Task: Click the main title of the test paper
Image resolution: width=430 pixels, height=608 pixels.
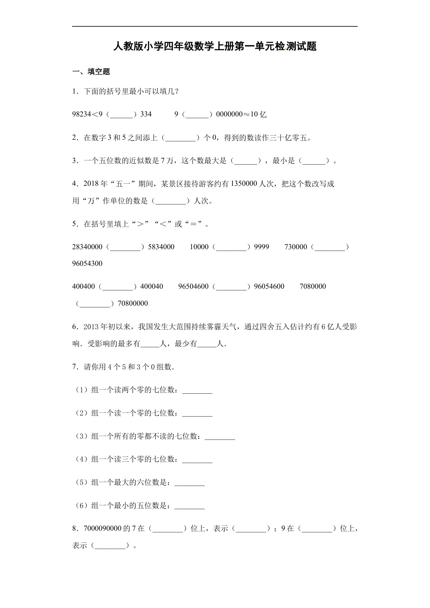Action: [x=215, y=46]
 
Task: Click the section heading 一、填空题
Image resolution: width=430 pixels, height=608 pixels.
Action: [x=91, y=72]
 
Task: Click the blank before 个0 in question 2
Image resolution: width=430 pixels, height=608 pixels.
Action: [x=180, y=138]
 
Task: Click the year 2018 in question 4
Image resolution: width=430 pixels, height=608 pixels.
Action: [x=91, y=184]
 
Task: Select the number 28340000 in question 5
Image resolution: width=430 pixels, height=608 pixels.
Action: [x=87, y=247]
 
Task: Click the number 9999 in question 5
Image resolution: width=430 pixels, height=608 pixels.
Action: [x=262, y=247]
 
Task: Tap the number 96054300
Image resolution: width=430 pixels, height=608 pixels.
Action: [x=87, y=264]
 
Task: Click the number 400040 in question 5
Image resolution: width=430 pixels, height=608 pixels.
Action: [x=151, y=287]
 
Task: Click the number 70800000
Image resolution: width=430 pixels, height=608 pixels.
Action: [x=133, y=304]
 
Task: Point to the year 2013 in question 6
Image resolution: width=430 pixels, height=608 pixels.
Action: [x=91, y=327]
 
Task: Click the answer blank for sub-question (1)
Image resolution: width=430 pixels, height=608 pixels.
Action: [x=197, y=391]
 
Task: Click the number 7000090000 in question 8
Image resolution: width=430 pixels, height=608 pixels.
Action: [x=103, y=529]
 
